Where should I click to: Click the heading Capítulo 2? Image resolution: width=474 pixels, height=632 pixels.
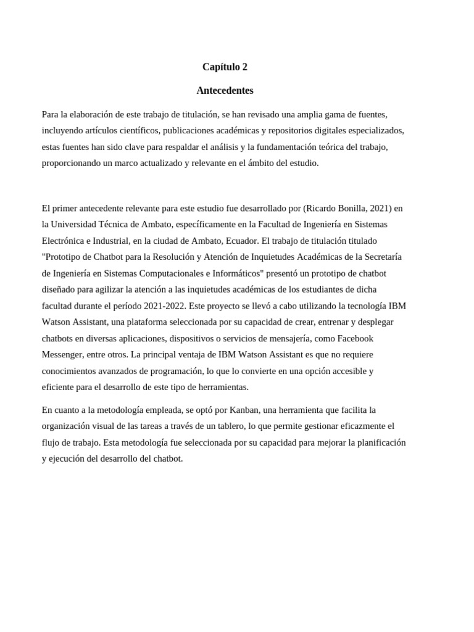[225, 67]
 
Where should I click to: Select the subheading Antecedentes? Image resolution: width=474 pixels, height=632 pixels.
[225, 90]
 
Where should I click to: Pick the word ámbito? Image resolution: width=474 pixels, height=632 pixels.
[246, 163]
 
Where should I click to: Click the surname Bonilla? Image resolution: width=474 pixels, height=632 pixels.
[349, 208]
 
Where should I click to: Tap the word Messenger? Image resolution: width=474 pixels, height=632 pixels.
[62, 354]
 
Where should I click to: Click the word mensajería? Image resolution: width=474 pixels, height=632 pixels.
[288, 338]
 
